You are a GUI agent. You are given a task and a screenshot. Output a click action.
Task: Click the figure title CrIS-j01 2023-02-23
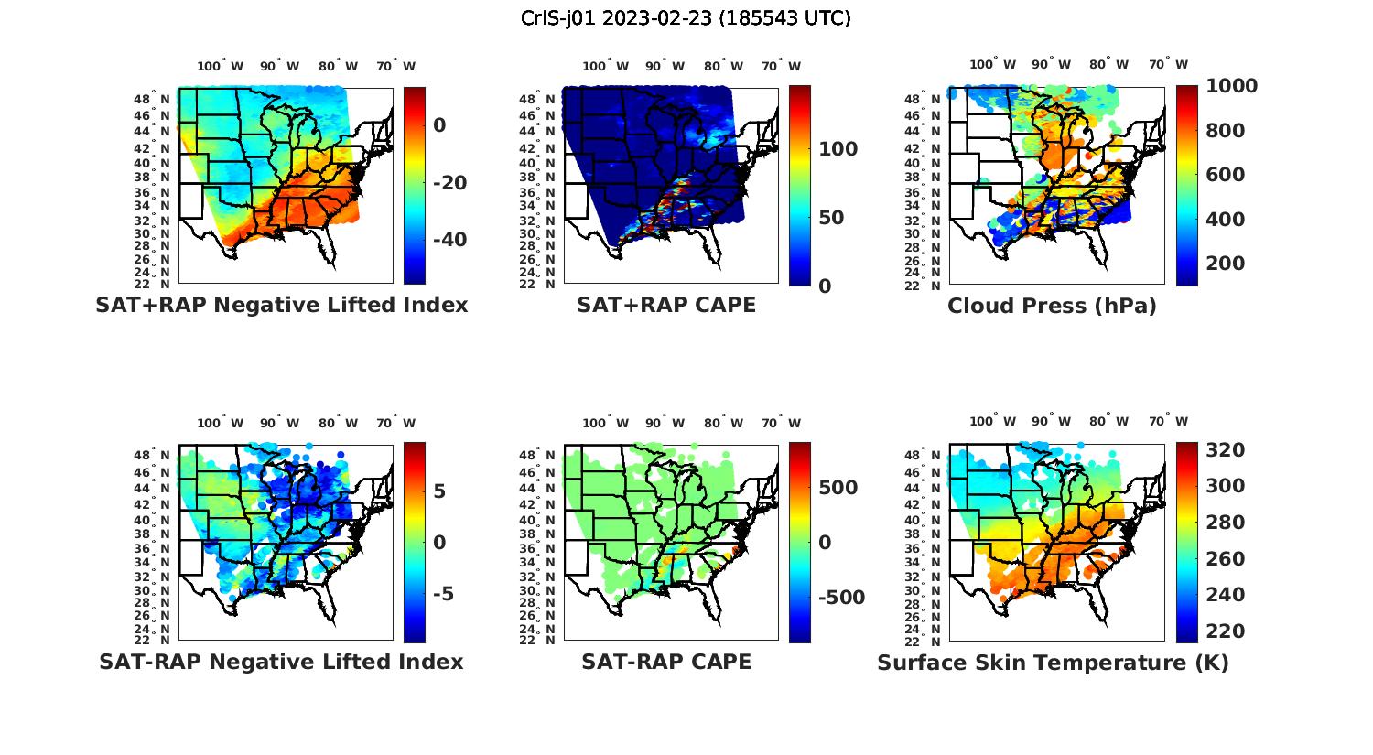[x=686, y=18]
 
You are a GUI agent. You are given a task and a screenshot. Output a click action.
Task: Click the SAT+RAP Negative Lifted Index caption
[x=281, y=305]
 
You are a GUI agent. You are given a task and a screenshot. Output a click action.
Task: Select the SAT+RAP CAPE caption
[x=666, y=305]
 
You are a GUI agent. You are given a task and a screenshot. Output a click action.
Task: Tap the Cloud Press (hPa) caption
[x=1052, y=306]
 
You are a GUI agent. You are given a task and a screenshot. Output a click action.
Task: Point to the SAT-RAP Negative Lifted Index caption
[x=281, y=662]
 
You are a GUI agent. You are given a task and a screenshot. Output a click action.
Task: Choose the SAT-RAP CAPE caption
[x=666, y=662]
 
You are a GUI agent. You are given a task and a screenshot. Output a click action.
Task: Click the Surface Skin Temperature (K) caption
[x=1053, y=663]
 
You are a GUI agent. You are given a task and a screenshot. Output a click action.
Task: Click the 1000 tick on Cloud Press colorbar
[x=1231, y=86]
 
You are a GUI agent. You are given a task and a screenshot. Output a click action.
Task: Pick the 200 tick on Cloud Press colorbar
[x=1226, y=264]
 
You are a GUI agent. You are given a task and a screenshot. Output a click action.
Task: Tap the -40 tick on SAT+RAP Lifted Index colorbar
[x=449, y=240]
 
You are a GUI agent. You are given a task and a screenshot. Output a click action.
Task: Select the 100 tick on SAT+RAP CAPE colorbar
[x=838, y=149]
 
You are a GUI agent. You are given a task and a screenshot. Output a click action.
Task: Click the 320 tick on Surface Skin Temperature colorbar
[x=1226, y=449]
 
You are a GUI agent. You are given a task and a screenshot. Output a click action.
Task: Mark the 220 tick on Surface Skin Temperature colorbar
[x=1226, y=631]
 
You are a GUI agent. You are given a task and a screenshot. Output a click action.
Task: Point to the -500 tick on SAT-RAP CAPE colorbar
[x=840, y=598]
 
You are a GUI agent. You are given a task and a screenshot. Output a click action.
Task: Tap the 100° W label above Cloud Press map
[x=992, y=64]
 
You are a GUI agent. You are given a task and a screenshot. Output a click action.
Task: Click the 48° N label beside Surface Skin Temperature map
[x=931, y=456]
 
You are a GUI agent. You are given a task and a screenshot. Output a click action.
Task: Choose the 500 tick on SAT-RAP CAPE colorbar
[x=838, y=488]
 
